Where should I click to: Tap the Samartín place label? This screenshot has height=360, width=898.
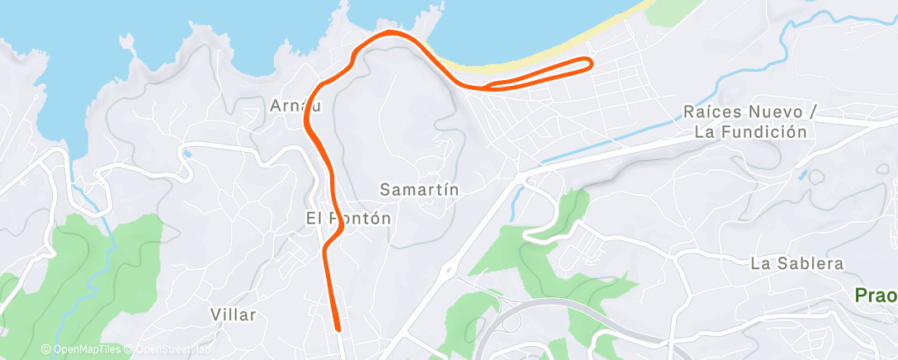click(x=418, y=190)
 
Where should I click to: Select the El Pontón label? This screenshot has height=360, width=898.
click(x=347, y=219)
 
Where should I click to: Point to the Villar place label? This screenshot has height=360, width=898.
click(x=234, y=315)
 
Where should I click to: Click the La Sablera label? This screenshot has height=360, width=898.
click(x=797, y=264)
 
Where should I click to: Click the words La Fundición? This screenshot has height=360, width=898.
click(x=749, y=131)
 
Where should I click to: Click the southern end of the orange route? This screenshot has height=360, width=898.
click(x=338, y=328)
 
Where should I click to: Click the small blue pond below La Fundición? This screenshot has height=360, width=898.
click(x=801, y=175)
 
